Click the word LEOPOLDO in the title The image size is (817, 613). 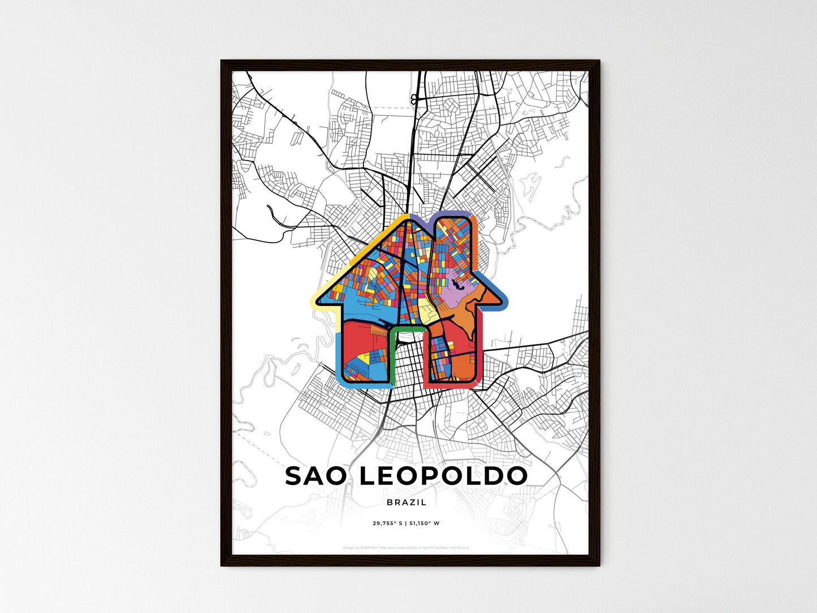point(443,476)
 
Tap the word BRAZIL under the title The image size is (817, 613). point(407,502)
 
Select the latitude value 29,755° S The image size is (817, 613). point(388,523)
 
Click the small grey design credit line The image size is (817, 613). point(407,547)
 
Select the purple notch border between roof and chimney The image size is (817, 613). point(421,218)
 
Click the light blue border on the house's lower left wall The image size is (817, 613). point(338,356)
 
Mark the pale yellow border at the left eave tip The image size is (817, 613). point(314,300)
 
